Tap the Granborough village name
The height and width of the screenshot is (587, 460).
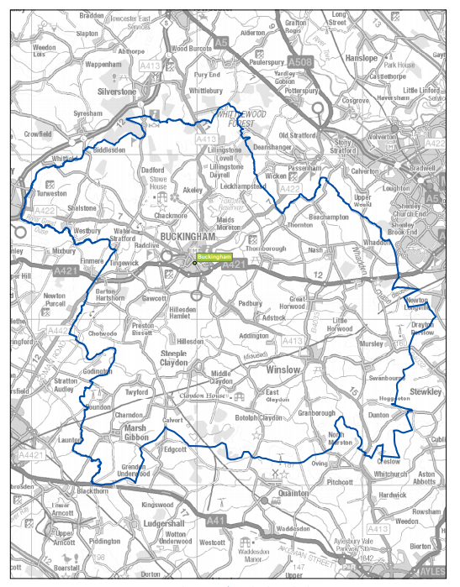(316, 413)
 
